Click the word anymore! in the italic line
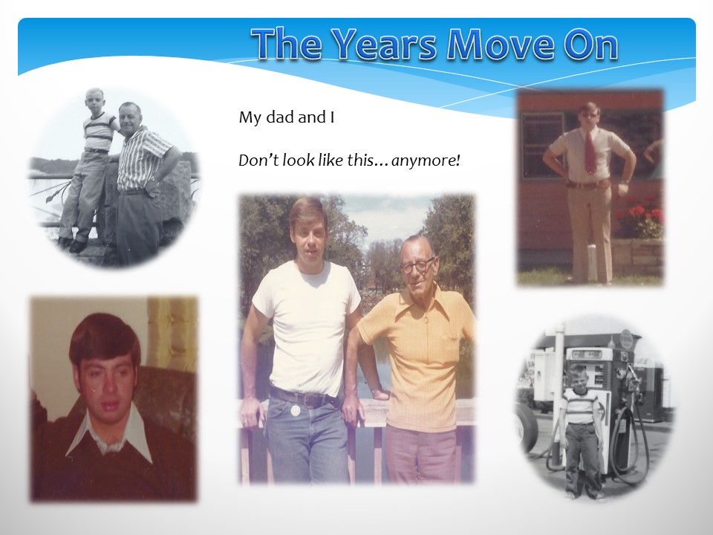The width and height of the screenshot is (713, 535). coord(426,160)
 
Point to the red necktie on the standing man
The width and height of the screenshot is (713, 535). coord(590,152)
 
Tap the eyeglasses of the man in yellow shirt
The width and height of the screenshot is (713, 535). coord(417,265)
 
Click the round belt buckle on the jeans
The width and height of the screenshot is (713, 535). coord(295,410)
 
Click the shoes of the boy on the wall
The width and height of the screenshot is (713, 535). coord(72,244)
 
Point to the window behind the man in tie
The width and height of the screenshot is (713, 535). coord(543,145)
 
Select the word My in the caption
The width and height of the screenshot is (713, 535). coord(250,118)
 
